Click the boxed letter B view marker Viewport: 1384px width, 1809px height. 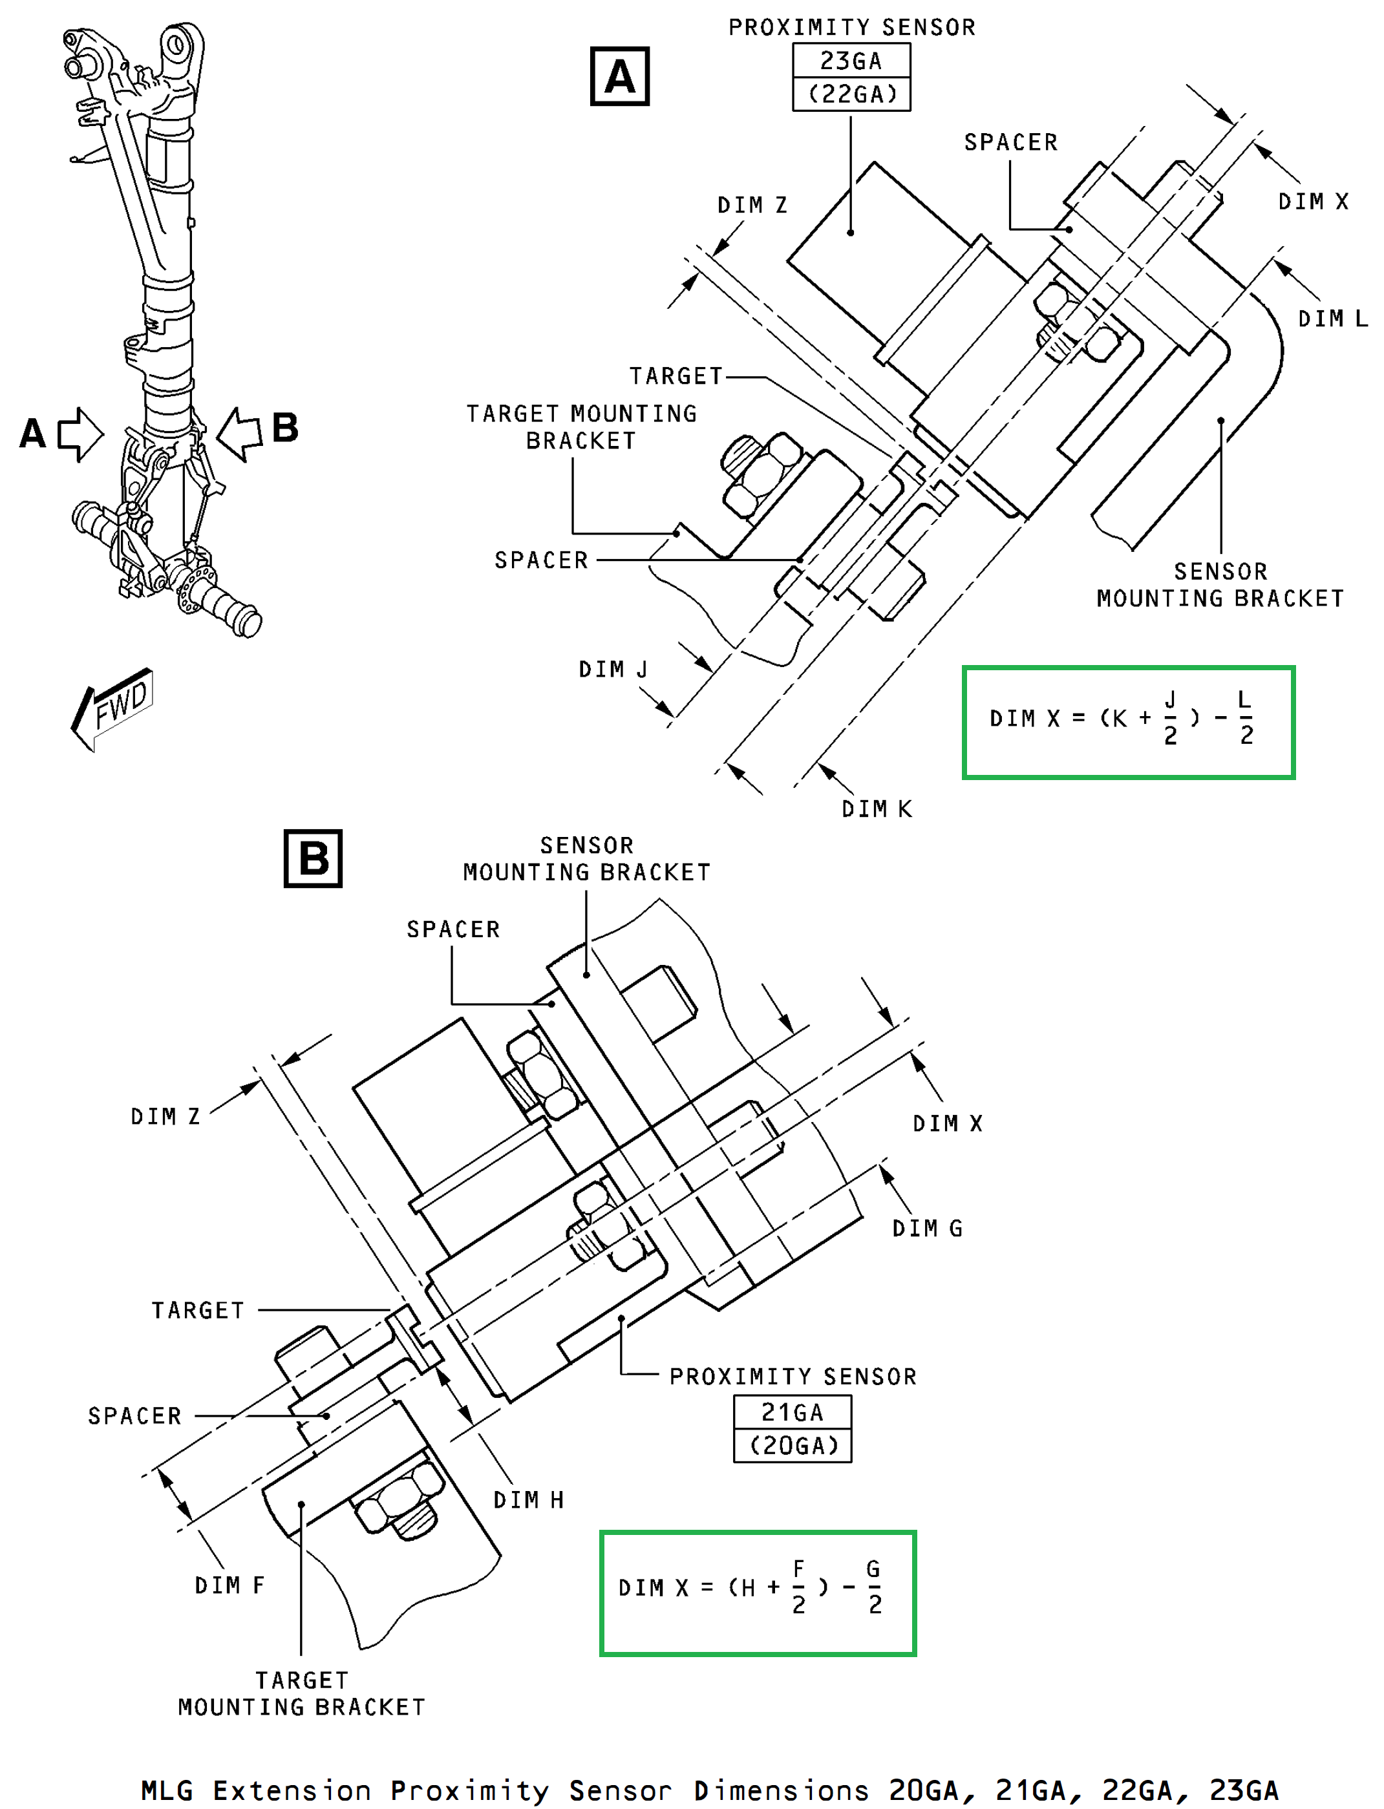(x=313, y=858)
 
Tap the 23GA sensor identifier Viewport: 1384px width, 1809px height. (x=851, y=61)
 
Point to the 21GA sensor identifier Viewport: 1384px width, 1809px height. (x=793, y=1412)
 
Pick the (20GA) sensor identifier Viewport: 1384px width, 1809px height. (x=793, y=1446)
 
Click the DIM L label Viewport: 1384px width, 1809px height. (x=1332, y=319)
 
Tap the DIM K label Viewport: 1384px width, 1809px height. (x=877, y=809)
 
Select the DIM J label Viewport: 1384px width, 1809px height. (x=613, y=669)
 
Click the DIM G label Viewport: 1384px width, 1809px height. (x=928, y=1228)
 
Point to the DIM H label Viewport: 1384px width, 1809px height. (x=529, y=1499)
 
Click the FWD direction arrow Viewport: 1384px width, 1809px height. (x=112, y=708)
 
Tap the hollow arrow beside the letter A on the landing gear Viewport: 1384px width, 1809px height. (x=81, y=434)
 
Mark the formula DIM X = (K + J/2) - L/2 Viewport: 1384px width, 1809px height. (x=1129, y=722)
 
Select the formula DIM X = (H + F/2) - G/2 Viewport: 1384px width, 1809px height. (x=758, y=1593)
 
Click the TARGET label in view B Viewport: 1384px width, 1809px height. (x=198, y=1311)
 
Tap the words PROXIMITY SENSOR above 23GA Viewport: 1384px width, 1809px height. (x=852, y=27)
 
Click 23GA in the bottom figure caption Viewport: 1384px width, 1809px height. (x=1244, y=1790)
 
